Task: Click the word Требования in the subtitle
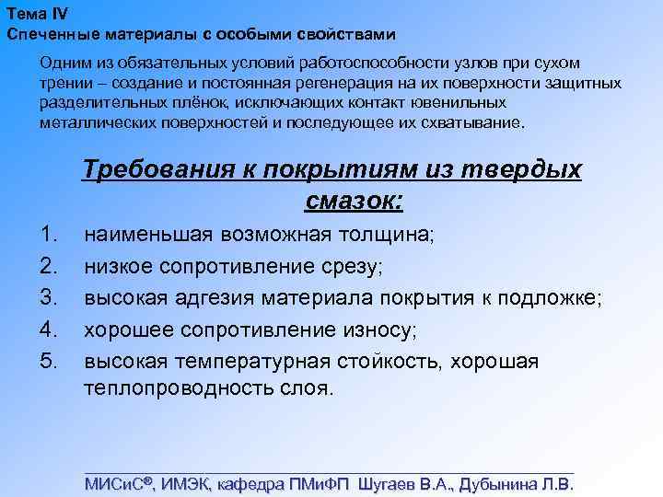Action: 169,171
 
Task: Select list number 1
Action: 52,234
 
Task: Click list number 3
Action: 52,297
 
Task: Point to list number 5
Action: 52,361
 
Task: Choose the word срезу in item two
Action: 346,266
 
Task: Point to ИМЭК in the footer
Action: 187,483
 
